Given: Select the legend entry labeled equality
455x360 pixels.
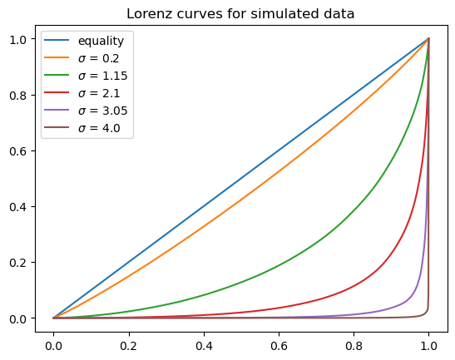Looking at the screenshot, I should click(99, 41).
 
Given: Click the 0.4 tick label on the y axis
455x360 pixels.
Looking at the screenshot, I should click(27, 206).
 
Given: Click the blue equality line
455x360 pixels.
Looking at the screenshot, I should click(241, 178).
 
